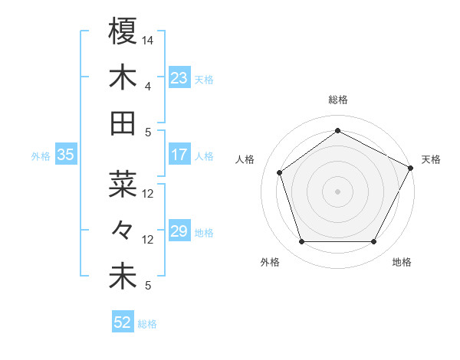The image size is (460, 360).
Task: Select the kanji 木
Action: [123, 77]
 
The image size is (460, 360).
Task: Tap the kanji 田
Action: [123, 123]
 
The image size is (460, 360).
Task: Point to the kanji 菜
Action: [123, 185]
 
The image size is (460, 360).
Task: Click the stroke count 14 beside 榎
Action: [148, 39]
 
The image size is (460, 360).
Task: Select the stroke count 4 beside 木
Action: [148, 86]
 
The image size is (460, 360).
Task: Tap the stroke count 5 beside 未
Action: [148, 286]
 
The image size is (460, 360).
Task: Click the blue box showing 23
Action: [179, 78]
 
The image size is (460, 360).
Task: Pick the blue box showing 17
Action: [179, 155]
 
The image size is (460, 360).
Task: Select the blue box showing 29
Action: [179, 232]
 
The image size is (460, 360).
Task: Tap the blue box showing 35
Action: [66, 155]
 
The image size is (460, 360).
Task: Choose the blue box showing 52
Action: [123, 322]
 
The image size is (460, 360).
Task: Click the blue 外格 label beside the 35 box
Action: [41, 156]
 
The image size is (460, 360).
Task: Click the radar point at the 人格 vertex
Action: [280, 172]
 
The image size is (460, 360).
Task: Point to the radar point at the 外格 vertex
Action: [301, 242]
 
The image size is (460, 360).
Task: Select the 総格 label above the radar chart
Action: [337, 100]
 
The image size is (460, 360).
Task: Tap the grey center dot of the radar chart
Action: [337, 191]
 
